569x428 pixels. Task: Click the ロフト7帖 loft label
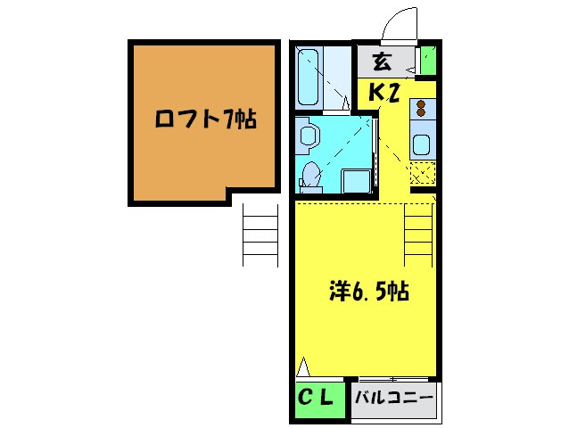click(205, 119)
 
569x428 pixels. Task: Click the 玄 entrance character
click(381, 62)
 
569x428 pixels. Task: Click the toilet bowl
click(310, 174)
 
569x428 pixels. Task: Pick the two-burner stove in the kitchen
click(422, 111)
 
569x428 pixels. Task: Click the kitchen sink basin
click(422, 144)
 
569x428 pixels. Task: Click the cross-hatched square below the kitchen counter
click(422, 173)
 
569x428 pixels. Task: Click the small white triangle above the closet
click(304, 366)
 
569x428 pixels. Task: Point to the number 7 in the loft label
click(229, 119)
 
